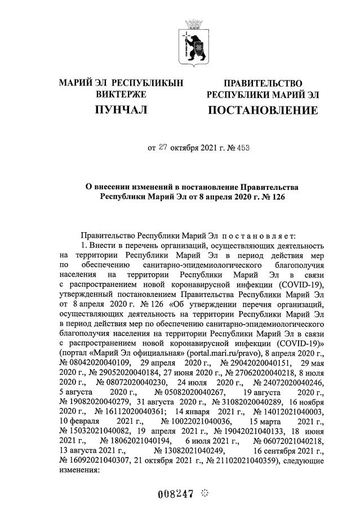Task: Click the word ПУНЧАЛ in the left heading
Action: click(121, 109)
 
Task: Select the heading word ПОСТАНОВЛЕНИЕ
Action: click(263, 109)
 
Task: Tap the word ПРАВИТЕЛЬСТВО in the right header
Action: click(263, 83)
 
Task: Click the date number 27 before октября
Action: click(163, 148)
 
